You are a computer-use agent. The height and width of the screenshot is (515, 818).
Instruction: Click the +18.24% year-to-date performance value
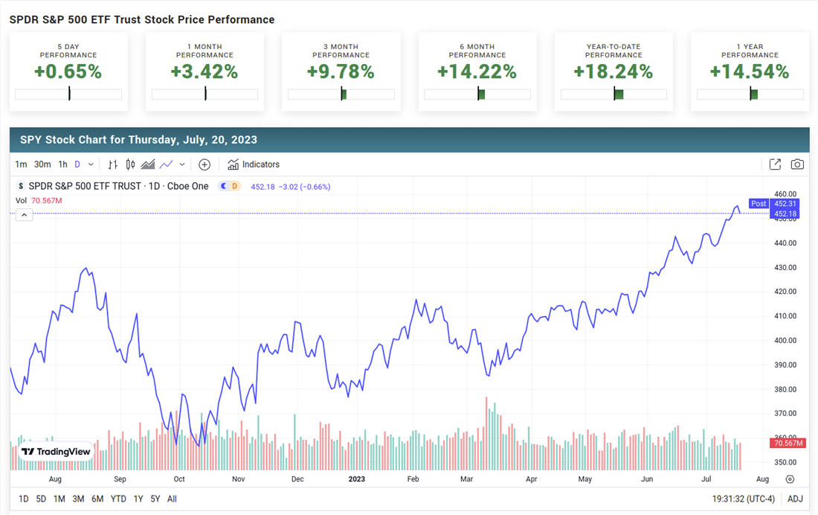(613, 71)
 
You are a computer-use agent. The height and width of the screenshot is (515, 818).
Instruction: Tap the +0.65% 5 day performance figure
(68, 71)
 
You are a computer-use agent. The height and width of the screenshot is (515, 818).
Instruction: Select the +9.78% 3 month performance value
(341, 71)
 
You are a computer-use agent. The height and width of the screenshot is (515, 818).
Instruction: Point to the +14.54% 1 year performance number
(749, 71)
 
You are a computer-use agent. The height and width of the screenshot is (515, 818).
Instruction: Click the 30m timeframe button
(42, 164)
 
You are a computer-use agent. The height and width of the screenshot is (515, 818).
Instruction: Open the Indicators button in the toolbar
(254, 164)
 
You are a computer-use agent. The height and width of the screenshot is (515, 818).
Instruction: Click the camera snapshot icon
(797, 164)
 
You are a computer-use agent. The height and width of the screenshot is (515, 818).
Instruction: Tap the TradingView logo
(57, 452)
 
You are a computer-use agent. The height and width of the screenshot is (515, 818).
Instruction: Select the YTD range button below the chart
(118, 499)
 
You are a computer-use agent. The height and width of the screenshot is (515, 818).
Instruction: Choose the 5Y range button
(155, 499)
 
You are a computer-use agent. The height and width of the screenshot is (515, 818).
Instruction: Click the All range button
(172, 499)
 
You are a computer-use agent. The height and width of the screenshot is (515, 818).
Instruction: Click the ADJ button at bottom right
(796, 499)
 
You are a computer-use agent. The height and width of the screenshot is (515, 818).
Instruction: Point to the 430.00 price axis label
(785, 267)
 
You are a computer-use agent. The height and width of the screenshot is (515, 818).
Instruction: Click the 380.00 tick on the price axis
(785, 389)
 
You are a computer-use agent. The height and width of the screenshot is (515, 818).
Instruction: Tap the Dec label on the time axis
(297, 479)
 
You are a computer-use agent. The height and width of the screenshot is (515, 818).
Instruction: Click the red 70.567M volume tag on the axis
(788, 444)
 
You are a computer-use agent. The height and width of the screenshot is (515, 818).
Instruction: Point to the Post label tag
(759, 204)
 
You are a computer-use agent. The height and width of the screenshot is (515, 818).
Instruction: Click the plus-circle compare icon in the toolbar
(204, 164)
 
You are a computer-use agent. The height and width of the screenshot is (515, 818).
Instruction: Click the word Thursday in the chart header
(152, 140)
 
